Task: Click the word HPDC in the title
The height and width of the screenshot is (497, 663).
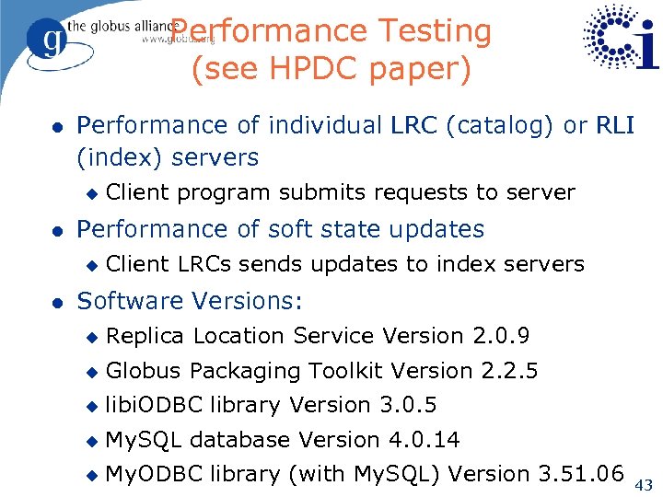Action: click(312, 69)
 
